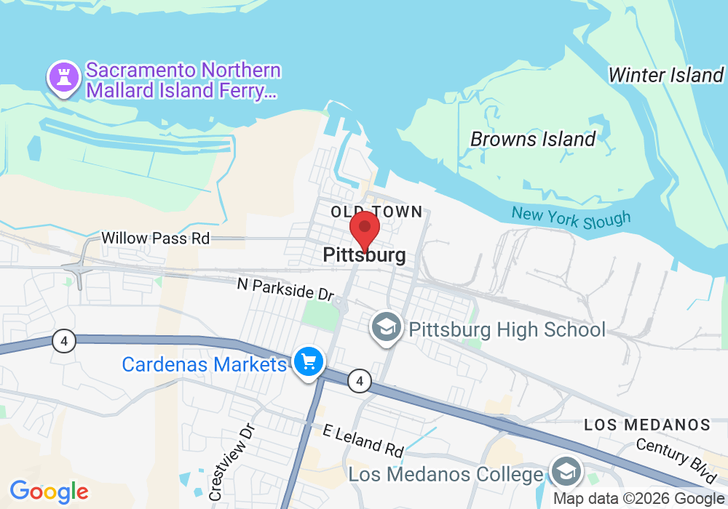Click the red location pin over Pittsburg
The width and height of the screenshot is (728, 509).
pyautogui.click(x=365, y=230)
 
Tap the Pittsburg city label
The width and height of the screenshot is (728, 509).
pyautogui.click(x=364, y=256)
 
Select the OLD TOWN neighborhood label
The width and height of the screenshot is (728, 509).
pyautogui.click(x=376, y=212)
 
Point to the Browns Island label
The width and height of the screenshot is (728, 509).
pyautogui.click(x=533, y=139)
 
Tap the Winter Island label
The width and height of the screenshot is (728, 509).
pyautogui.click(x=665, y=75)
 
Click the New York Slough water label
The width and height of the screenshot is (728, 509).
pyautogui.click(x=571, y=217)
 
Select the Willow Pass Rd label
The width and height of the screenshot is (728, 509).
pyautogui.click(x=155, y=238)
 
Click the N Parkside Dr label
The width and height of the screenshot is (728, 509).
pyautogui.click(x=285, y=289)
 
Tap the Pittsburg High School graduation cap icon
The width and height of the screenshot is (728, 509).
pyautogui.click(x=384, y=327)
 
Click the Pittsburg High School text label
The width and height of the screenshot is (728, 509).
pyautogui.click(x=507, y=329)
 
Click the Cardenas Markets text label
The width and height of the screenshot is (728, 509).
pyautogui.click(x=205, y=364)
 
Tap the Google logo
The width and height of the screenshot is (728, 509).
pyautogui.click(x=49, y=492)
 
